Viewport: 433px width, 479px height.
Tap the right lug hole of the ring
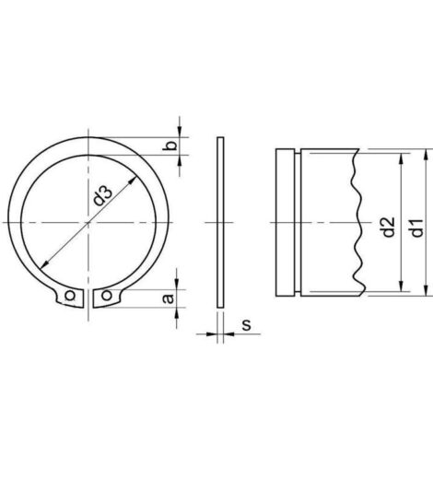pyautogui.click(x=107, y=296)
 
